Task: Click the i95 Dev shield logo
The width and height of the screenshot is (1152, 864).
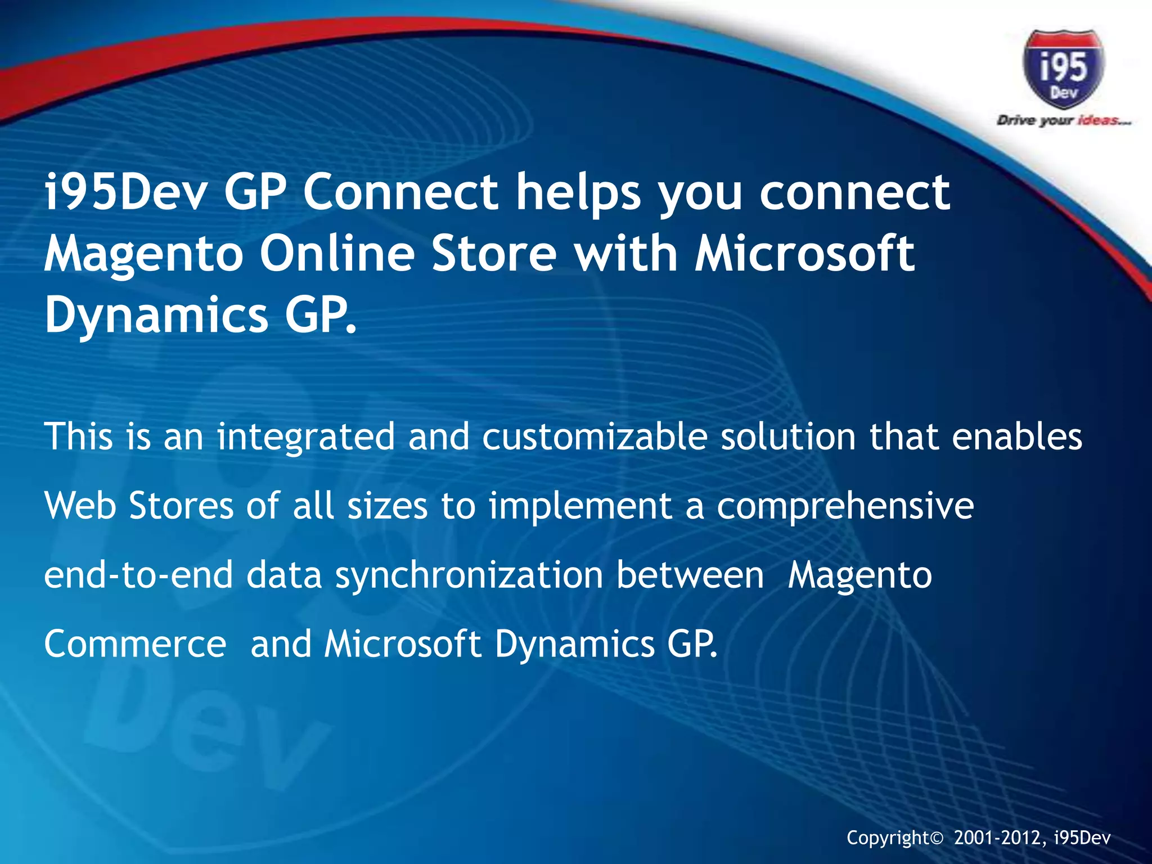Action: click(1063, 69)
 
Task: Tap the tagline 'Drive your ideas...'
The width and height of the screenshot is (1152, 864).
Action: click(1063, 120)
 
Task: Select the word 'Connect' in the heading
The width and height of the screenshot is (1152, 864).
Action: click(400, 192)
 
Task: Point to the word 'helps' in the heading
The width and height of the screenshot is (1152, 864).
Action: click(578, 192)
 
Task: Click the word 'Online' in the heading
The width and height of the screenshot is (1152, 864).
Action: click(337, 254)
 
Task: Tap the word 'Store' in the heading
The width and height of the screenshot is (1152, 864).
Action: click(493, 254)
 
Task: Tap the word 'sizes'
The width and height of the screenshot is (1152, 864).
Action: click(387, 506)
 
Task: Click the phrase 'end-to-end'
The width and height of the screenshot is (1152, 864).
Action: click(138, 575)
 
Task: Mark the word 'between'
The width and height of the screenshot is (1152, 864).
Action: click(690, 575)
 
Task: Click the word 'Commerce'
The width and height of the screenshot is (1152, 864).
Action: click(135, 644)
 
